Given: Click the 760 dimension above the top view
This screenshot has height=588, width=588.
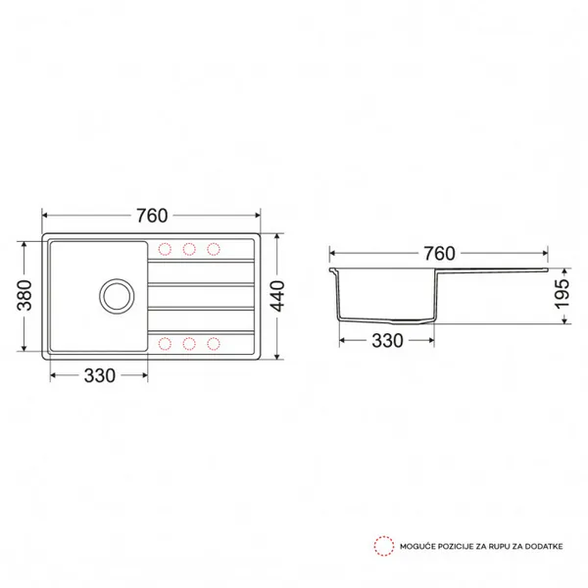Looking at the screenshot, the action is [x=152, y=216].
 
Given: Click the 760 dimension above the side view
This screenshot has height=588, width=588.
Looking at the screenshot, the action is [x=439, y=254].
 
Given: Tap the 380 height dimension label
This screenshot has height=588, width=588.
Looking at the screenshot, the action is [x=25, y=296].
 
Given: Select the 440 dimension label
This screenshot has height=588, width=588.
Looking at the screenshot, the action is [x=278, y=296].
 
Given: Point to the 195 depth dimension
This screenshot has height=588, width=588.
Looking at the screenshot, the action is [x=562, y=294].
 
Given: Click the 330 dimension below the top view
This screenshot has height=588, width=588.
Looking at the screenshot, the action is [x=99, y=375].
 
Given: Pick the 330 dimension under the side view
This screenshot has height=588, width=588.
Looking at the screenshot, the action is [x=387, y=341].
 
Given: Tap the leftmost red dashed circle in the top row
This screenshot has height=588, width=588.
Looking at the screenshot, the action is [x=165, y=249].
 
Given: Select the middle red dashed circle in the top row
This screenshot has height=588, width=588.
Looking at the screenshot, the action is [x=189, y=249].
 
